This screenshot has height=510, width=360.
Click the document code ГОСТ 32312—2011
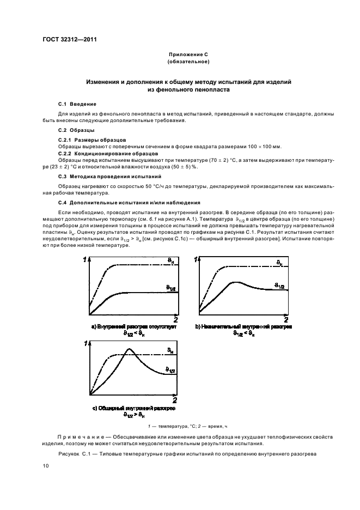click(69, 39)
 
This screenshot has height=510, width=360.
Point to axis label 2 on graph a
click(175, 319)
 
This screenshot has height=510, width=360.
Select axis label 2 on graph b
click(286, 319)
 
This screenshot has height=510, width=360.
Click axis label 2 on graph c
click(174, 400)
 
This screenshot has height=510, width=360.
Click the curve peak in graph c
click(129, 349)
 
